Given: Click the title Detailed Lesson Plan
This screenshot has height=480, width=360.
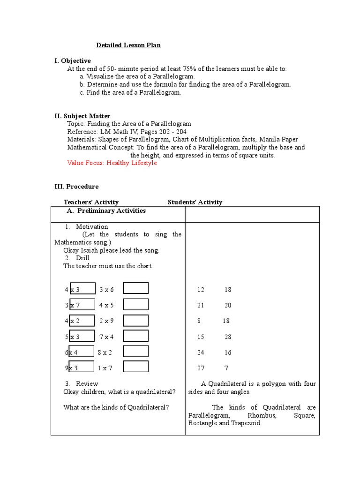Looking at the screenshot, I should click(128, 45).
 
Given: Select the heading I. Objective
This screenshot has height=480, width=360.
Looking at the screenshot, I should click(73, 61).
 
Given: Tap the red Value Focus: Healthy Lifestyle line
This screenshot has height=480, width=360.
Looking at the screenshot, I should click(112, 163).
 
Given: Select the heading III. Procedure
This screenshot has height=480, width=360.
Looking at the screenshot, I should click(76, 187).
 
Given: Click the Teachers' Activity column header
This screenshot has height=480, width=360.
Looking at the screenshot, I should click(91, 202).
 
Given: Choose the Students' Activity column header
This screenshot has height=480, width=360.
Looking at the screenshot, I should click(195, 202).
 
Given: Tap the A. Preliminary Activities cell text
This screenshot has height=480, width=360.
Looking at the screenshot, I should click(106, 211).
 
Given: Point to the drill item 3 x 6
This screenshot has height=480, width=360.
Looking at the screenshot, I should click(106, 290).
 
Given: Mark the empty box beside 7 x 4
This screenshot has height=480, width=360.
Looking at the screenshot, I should click(136, 336).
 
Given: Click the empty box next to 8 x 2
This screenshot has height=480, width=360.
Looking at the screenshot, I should click(136, 352).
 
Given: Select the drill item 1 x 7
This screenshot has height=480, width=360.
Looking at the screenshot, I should click(105, 368).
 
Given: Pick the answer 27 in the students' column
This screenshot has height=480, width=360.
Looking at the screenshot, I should click(201, 368).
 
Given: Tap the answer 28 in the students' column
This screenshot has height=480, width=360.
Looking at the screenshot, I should click(228, 337).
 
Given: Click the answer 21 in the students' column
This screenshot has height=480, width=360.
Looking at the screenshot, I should click(201, 306).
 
